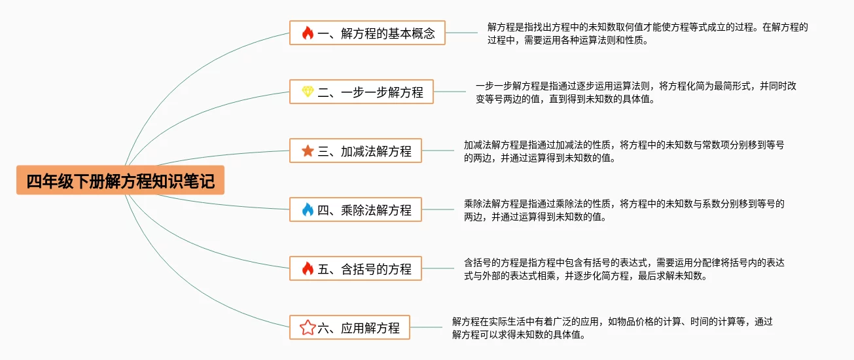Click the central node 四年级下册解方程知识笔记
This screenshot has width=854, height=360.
pos(120,180)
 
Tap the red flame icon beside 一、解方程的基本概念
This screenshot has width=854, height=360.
pos(308,33)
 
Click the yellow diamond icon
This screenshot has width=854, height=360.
pos(308,92)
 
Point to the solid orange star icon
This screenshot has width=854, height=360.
pos(308,151)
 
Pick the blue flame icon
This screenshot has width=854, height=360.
pos(308,209)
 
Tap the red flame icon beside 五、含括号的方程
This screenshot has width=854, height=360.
pos(308,268)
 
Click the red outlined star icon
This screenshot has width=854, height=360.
pos(308,327)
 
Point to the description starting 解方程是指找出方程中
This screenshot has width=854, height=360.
pos(647,33)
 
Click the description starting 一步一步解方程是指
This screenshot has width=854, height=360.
pos(635,92)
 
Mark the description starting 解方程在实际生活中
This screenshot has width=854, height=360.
pos(612,328)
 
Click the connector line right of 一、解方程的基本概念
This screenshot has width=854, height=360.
pos(461,33)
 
